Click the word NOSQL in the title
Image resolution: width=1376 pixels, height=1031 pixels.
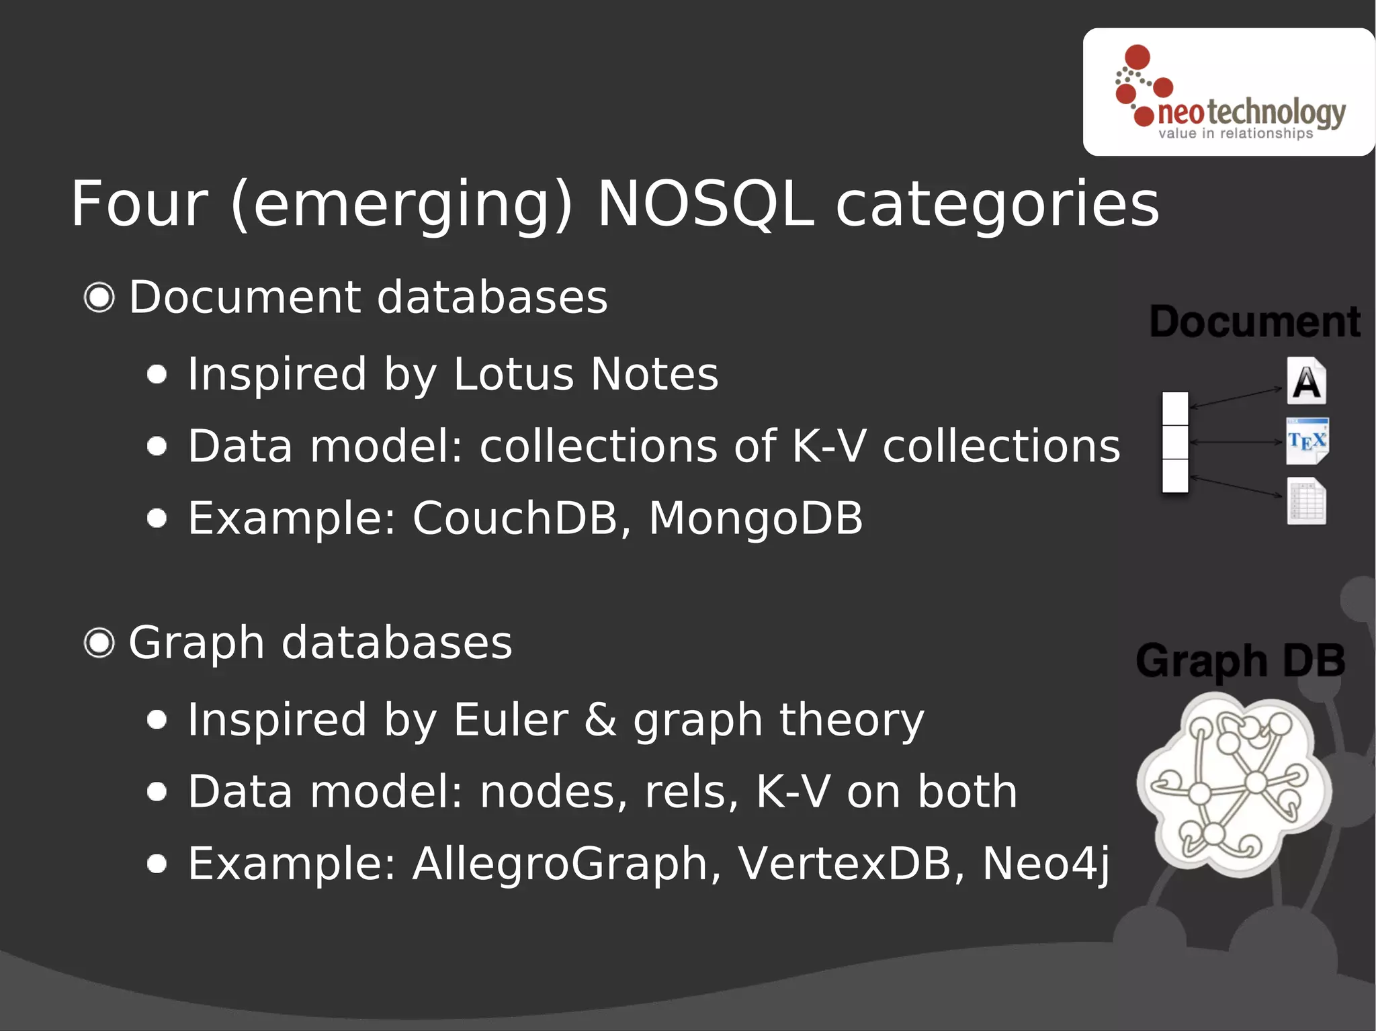[705, 204]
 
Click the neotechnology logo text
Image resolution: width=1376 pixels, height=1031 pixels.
[1251, 111]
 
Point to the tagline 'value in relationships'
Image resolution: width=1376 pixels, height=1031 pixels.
[1235, 134]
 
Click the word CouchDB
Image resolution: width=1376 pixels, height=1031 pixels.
[515, 519]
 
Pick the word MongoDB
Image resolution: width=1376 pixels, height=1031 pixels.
[755, 519]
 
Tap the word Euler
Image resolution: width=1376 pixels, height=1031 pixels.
[510, 720]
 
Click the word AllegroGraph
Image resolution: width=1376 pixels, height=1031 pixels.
[560, 864]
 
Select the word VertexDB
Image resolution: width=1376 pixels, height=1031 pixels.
[844, 864]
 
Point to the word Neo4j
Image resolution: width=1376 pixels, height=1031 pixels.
[1045, 864]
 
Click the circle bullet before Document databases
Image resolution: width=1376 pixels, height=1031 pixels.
[99, 298]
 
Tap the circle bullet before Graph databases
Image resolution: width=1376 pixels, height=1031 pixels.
[99, 643]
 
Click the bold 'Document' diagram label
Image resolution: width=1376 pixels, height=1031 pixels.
[1255, 322]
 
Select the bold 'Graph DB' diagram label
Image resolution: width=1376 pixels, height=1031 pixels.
[1240, 660]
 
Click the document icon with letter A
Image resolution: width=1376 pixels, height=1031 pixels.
[1306, 381]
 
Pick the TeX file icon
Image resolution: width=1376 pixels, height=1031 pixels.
[1307, 441]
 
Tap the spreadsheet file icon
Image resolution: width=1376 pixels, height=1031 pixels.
[1306, 501]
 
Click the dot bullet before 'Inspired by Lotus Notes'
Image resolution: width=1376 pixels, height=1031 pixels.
[157, 374]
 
